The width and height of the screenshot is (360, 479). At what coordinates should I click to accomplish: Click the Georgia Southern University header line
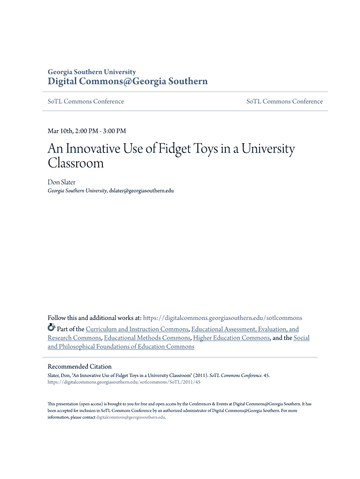point(92,72)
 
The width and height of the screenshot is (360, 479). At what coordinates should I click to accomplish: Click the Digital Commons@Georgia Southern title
point(128,82)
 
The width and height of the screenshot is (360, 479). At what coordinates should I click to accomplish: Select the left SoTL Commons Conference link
point(86,102)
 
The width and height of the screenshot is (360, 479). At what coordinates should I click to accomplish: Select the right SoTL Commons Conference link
point(284,102)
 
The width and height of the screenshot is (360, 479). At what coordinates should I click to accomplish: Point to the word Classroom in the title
point(75,163)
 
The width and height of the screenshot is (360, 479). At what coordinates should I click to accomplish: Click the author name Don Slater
point(61,182)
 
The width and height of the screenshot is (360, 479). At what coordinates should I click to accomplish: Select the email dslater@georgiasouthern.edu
point(141,191)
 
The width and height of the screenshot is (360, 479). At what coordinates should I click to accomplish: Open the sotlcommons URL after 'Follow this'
point(223,318)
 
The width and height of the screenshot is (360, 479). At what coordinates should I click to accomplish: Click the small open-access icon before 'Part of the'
point(51,328)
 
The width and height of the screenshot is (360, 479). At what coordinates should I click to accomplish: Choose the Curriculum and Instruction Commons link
point(137,329)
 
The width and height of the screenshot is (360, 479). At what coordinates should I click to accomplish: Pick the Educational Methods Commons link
point(147,338)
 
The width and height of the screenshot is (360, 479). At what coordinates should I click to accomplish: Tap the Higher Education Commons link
point(231,338)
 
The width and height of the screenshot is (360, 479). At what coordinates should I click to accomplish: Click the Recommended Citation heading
point(79,367)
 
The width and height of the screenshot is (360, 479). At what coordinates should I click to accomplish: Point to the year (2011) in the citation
point(200,375)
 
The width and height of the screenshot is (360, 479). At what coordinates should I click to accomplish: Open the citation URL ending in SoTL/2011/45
point(124,382)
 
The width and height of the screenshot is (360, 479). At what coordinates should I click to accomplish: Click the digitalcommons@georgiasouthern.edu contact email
point(130,417)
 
